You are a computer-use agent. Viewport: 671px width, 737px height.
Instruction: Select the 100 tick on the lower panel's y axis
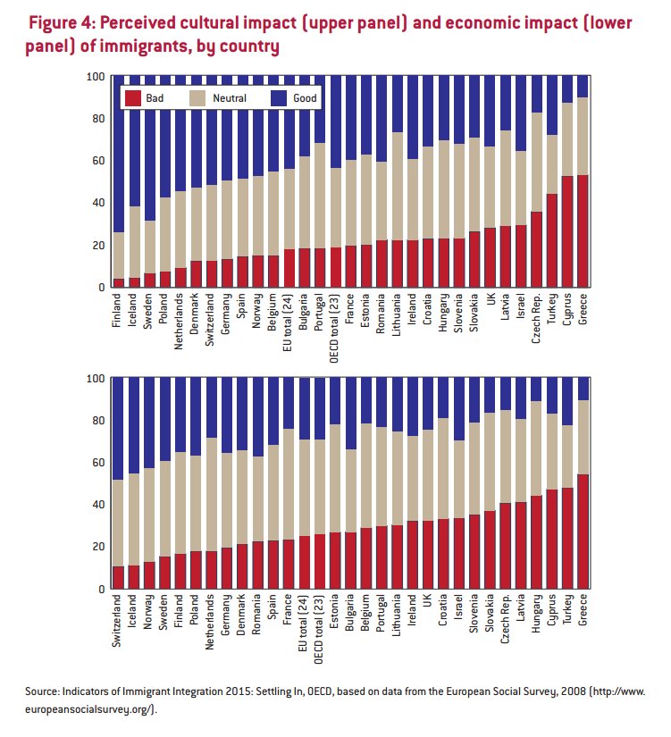(94, 379)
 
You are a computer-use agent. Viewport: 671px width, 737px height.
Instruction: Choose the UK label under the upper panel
(491, 301)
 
